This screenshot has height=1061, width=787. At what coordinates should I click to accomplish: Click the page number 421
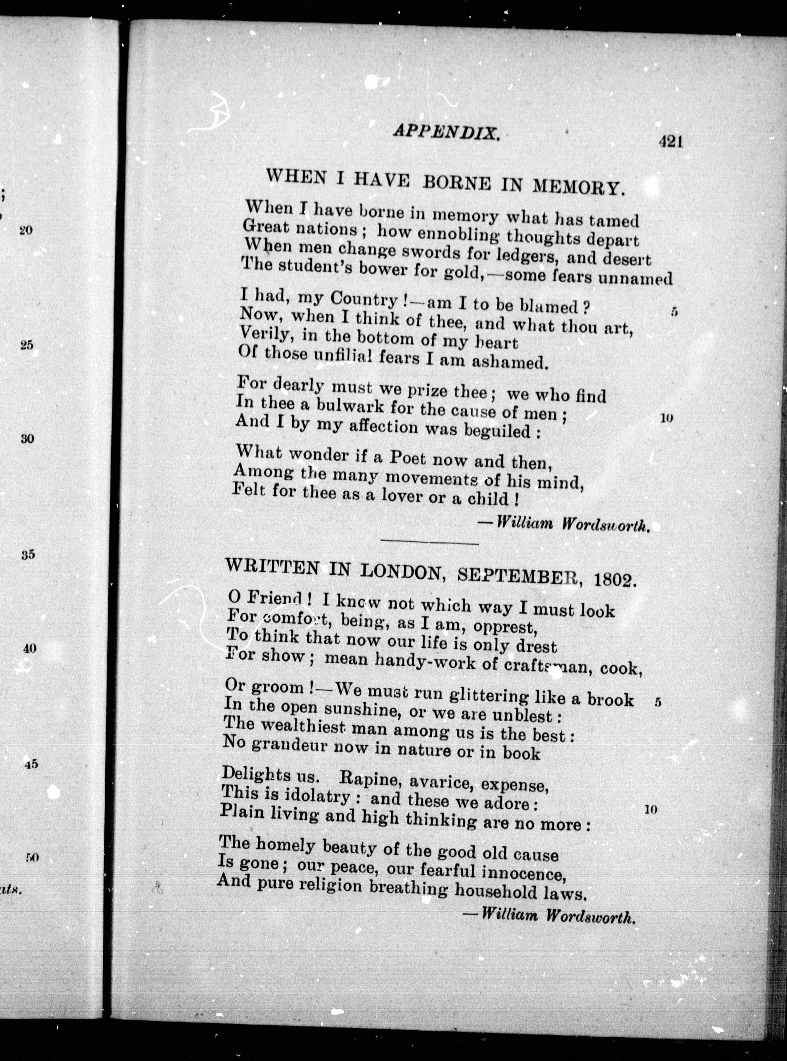tap(671, 142)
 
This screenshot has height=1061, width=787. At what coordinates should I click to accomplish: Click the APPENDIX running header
tap(446, 132)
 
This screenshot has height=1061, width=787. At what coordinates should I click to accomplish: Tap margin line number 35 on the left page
tap(28, 555)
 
